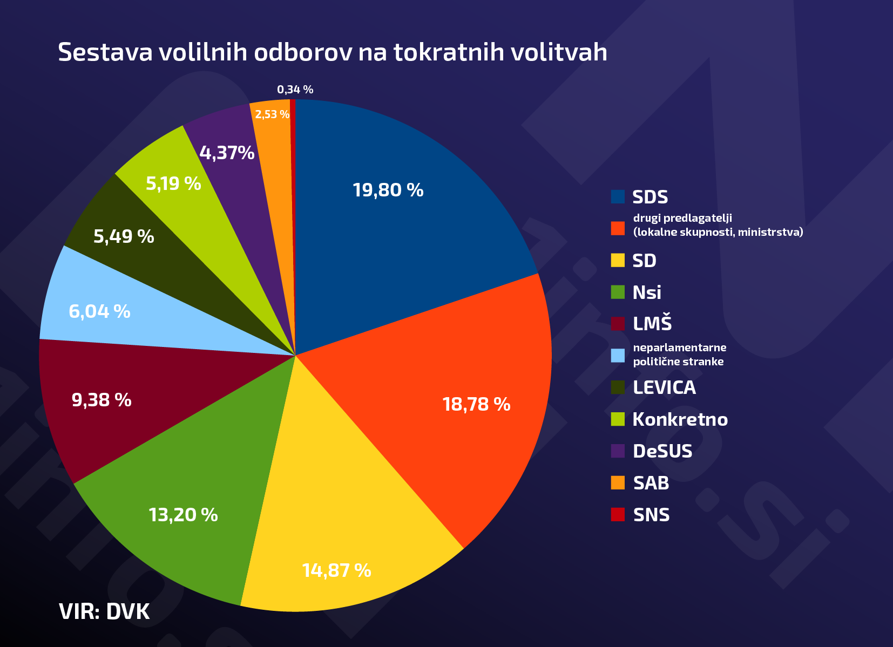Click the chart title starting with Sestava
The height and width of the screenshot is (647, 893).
click(x=333, y=52)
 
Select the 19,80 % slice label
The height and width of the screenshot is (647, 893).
click(x=388, y=190)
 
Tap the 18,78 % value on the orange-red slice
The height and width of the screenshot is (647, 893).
click(x=476, y=404)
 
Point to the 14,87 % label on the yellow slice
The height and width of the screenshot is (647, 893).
click(x=336, y=570)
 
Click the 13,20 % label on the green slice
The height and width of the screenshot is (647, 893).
click(x=183, y=515)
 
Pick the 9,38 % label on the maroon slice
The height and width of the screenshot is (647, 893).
click(x=102, y=400)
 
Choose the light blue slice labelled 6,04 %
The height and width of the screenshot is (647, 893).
click(x=99, y=311)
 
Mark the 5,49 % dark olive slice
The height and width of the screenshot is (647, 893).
click(x=124, y=236)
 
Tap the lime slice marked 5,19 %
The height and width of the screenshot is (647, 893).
click(x=173, y=183)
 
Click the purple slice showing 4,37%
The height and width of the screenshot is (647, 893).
click(x=227, y=153)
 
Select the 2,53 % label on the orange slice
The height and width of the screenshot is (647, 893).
click(x=272, y=114)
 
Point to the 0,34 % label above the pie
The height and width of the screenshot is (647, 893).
click(x=295, y=90)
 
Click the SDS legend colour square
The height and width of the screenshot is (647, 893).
click(x=618, y=197)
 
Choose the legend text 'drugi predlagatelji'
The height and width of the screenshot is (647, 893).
click(x=682, y=218)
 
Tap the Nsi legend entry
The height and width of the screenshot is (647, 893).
click(x=647, y=292)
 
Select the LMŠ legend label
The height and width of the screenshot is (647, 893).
click(x=652, y=324)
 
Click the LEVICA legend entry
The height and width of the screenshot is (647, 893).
click(x=664, y=387)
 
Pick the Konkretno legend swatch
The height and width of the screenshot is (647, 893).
click(x=618, y=419)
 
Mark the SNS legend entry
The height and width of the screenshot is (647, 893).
click(x=651, y=515)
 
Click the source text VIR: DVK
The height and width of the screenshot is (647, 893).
click(x=104, y=611)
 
